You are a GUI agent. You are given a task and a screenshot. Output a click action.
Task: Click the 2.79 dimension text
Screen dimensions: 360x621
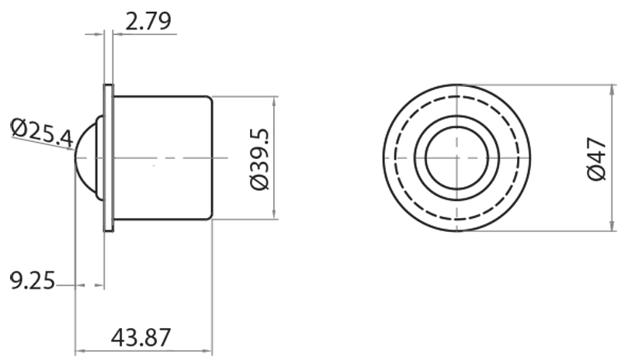point(147,20)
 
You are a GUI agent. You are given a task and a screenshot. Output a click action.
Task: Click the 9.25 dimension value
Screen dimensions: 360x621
point(32,280)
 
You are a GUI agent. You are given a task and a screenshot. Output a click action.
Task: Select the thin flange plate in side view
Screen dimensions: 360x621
point(109,159)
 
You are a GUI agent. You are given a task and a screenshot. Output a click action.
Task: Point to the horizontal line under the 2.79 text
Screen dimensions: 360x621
point(147,33)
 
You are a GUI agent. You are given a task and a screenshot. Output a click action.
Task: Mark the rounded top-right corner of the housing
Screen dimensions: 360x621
point(209,99)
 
